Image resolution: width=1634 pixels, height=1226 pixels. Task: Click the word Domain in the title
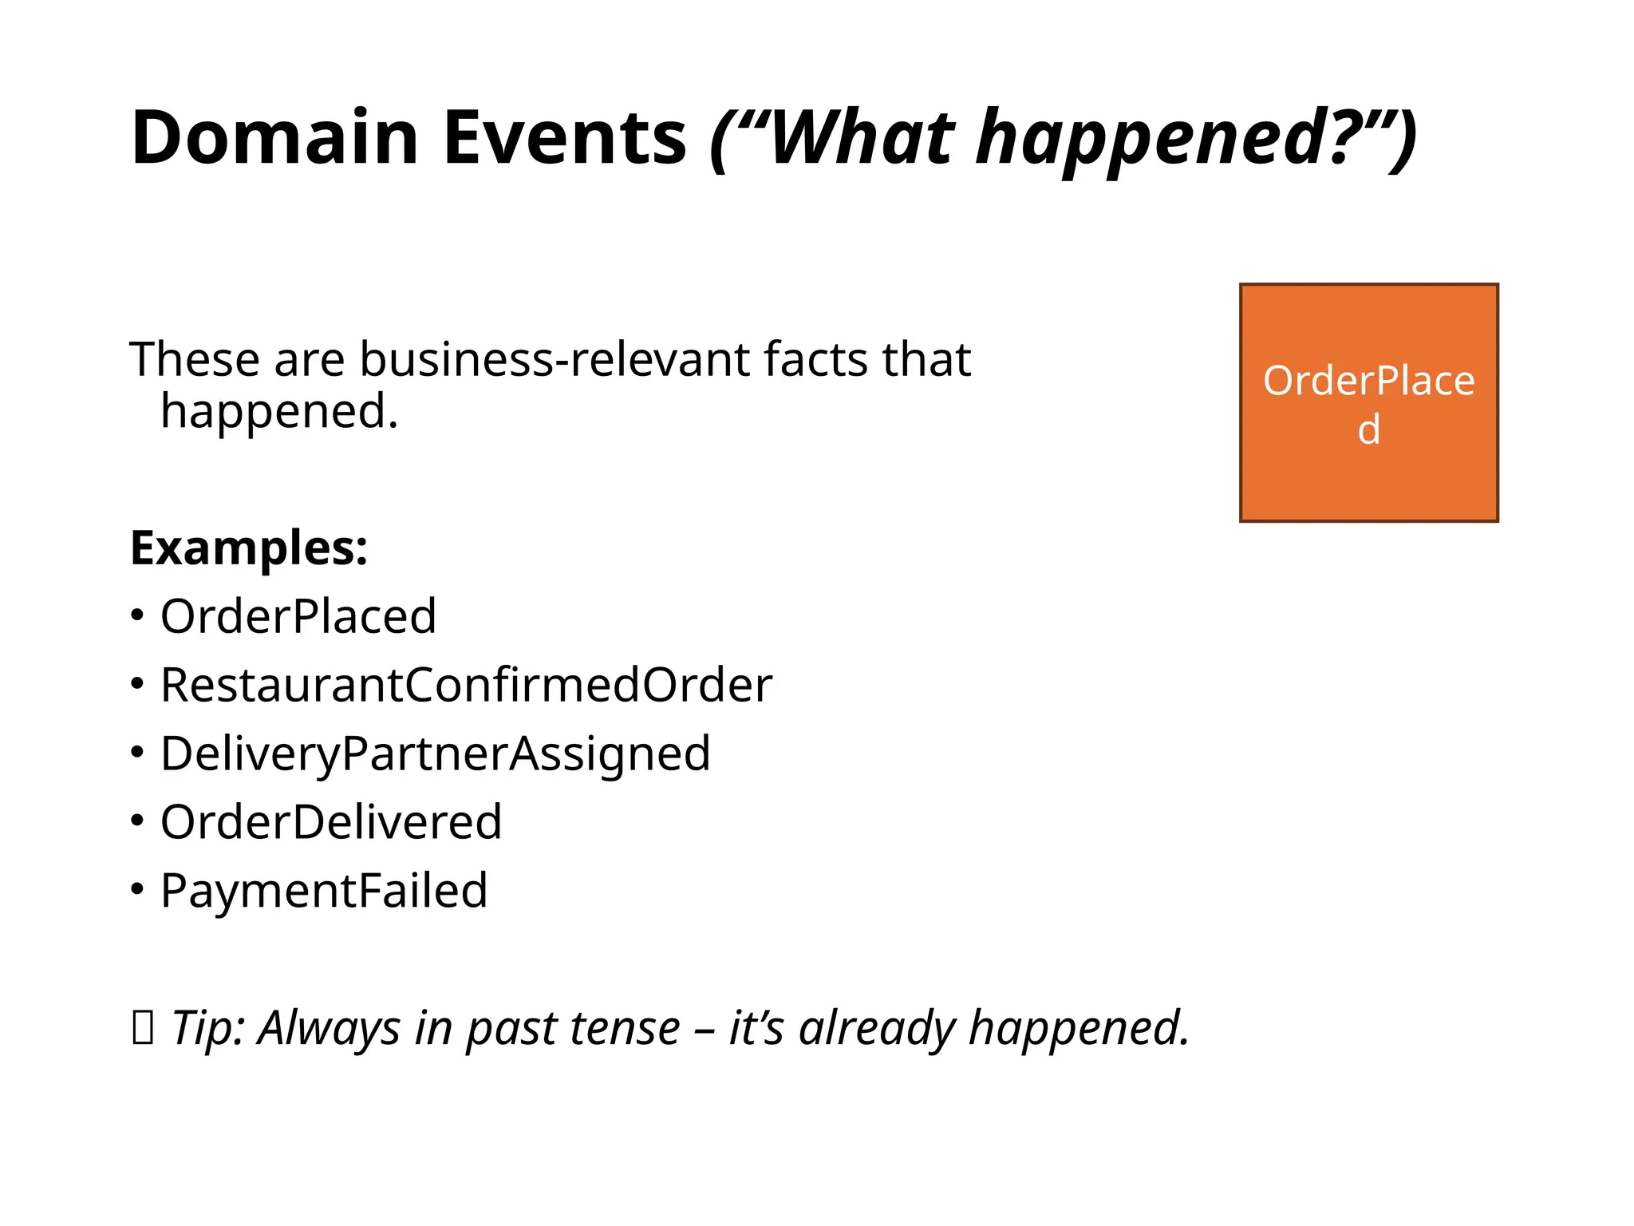[x=274, y=137]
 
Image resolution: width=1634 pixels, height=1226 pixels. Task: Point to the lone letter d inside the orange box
[x=1369, y=430]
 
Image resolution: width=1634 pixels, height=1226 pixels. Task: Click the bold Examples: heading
[x=249, y=548]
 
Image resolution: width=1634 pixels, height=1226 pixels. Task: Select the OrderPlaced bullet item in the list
[x=298, y=616]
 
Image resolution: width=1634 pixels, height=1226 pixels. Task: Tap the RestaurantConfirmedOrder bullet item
[x=466, y=685]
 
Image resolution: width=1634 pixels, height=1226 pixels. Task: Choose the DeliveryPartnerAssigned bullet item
[x=435, y=753]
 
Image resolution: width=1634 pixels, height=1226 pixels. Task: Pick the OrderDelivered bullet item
[x=331, y=822]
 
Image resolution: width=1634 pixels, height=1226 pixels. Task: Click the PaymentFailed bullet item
[x=324, y=891]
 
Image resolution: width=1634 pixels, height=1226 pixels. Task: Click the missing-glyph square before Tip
[x=142, y=1027]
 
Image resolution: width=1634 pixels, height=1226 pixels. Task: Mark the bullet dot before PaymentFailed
[x=137, y=889]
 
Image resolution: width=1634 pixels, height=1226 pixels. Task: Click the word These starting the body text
[x=195, y=359]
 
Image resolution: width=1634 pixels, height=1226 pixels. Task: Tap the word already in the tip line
[x=876, y=1027]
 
